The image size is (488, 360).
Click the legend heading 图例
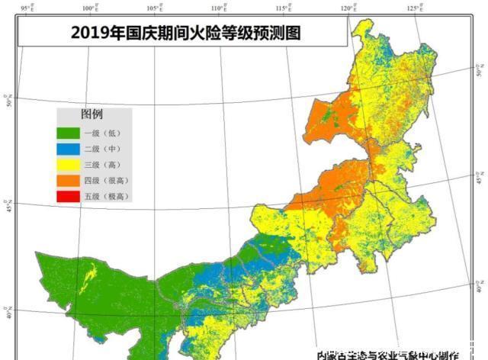pyautogui.click(x=91, y=115)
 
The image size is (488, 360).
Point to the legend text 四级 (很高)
pyautogui.click(x=107, y=180)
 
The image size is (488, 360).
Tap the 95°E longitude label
pyautogui.click(x=27, y=8)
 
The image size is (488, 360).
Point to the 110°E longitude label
pyautogui.click(x=218, y=8)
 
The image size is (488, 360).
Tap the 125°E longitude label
pyautogui.click(x=413, y=8)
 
